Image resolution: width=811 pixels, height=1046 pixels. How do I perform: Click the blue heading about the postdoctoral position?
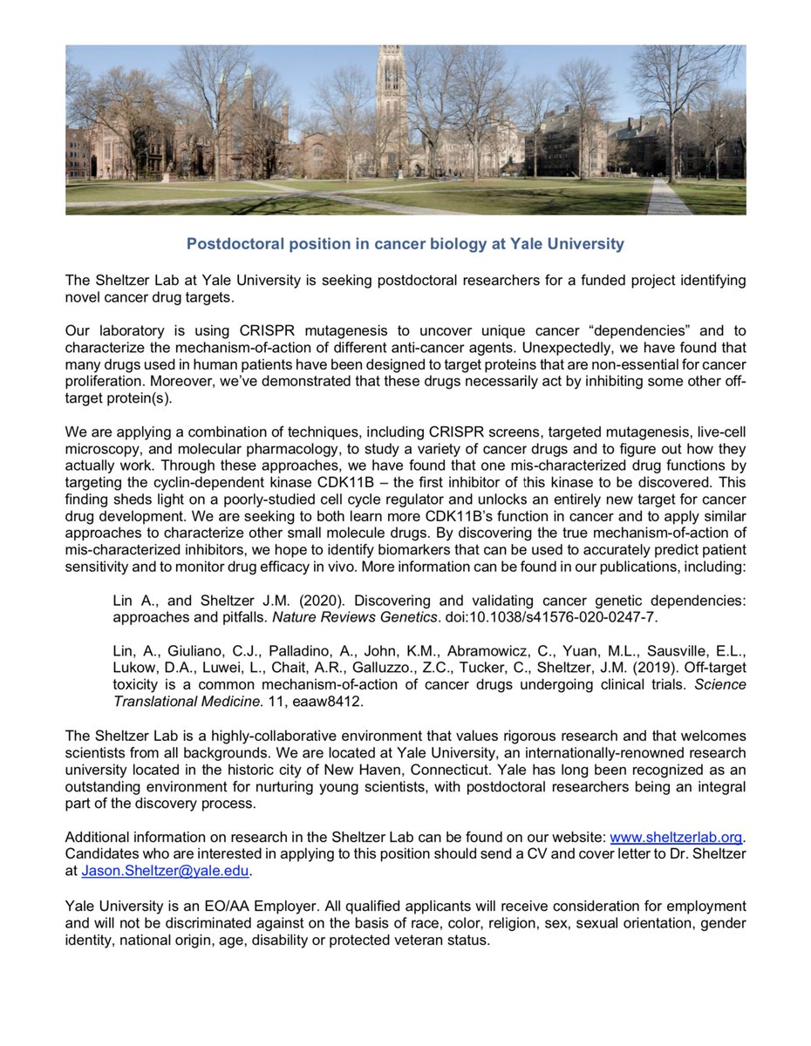pyautogui.click(x=405, y=244)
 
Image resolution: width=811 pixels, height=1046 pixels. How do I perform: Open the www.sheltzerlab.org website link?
pyautogui.click(x=676, y=837)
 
